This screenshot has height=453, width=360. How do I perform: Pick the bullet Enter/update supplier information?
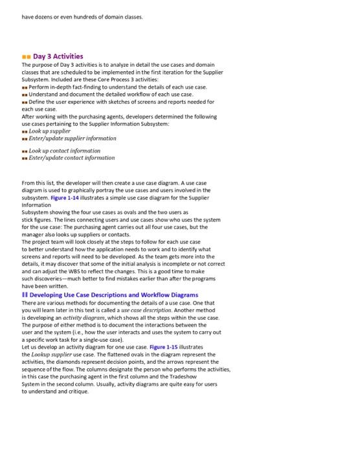(x=73, y=138)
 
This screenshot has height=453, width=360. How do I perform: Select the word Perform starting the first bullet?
(x=41, y=87)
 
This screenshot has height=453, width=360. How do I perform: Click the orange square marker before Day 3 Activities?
(x=26, y=57)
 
